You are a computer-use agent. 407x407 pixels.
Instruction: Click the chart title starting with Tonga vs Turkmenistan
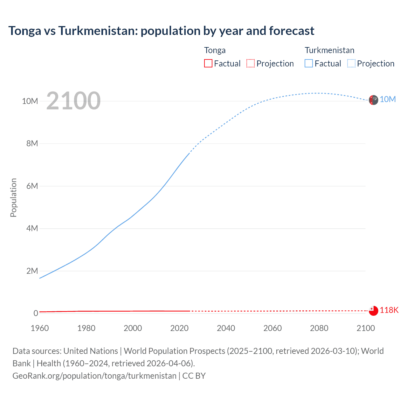(x=161, y=31)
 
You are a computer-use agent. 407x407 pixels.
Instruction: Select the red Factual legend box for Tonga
(x=208, y=63)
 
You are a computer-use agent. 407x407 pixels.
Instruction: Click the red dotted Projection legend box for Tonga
(x=251, y=63)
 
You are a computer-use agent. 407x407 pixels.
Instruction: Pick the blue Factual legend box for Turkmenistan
(x=309, y=63)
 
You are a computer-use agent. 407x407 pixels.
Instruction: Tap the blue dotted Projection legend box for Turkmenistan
(x=351, y=63)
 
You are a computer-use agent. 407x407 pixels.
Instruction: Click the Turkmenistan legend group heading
(x=329, y=50)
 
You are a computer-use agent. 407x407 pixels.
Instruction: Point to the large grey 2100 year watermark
(x=73, y=101)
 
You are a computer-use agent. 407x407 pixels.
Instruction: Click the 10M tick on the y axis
(x=30, y=101)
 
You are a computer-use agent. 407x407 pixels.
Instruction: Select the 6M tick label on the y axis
(x=32, y=186)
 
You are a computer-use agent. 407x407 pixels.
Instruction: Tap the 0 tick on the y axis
(x=36, y=313)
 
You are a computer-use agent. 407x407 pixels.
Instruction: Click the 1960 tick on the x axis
(x=40, y=328)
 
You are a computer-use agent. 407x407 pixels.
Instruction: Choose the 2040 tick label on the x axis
(x=226, y=328)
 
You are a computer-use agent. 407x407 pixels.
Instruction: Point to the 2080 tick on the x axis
(x=319, y=328)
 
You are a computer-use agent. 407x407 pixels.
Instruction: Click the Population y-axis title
(x=13, y=197)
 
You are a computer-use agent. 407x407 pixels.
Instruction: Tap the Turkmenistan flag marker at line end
(x=373, y=100)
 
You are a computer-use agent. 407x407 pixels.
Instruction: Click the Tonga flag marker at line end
(x=373, y=311)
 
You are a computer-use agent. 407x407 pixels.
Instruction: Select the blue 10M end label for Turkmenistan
(x=388, y=100)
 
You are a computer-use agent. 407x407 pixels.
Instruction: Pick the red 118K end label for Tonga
(x=389, y=310)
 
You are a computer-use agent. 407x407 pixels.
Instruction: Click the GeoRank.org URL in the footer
(x=94, y=376)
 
